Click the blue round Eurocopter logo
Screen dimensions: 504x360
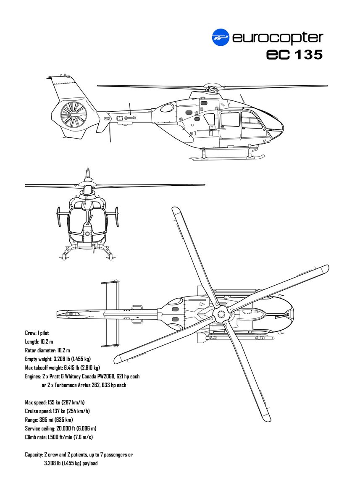(221, 37)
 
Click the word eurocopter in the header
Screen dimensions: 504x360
(278, 38)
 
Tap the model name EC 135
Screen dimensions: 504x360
(294, 55)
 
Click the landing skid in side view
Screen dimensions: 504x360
(227, 158)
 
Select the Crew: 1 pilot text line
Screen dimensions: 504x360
(37, 333)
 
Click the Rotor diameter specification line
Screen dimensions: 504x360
(47, 350)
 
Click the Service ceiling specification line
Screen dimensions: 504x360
(60, 428)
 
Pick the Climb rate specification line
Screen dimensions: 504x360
(59, 437)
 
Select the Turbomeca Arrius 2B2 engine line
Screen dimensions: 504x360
(84, 385)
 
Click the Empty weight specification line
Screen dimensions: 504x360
(58, 359)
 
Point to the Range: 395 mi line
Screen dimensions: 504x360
(49, 420)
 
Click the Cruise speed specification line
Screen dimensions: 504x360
(57, 411)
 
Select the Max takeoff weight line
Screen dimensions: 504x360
(62, 368)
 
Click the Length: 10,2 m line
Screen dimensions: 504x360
(39, 341)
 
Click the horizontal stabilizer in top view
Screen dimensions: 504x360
(110, 314)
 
